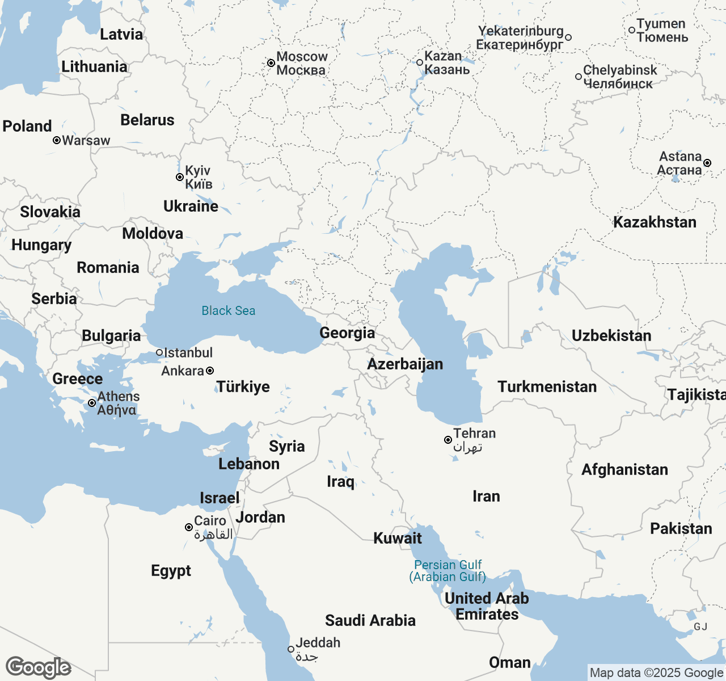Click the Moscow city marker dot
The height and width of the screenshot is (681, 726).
tap(271, 63)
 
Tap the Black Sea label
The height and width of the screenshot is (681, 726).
tap(229, 310)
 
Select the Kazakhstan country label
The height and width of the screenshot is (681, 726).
tap(655, 222)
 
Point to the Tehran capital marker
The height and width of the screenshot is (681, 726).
tap(448, 440)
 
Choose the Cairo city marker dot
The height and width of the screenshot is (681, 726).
tap(189, 527)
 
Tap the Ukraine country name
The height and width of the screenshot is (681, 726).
tap(191, 206)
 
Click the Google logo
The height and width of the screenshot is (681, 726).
tap(38, 667)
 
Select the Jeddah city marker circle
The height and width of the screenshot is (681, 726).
tap(291, 649)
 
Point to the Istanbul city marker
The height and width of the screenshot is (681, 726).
tap(159, 352)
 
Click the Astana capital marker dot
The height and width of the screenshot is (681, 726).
tap(707, 163)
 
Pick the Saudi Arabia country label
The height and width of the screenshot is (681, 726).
tap(370, 620)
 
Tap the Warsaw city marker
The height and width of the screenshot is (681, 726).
tap(57, 140)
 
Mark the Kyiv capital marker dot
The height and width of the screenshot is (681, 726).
tap(180, 177)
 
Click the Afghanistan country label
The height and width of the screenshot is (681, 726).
tap(624, 469)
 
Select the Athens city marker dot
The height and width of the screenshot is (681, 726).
tap(92, 403)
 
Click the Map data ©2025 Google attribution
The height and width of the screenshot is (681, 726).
tap(656, 673)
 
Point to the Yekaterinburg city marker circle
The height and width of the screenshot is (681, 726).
tap(568, 37)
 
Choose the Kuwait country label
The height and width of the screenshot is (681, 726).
tap(398, 538)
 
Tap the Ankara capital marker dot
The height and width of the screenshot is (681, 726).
tap(210, 371)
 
